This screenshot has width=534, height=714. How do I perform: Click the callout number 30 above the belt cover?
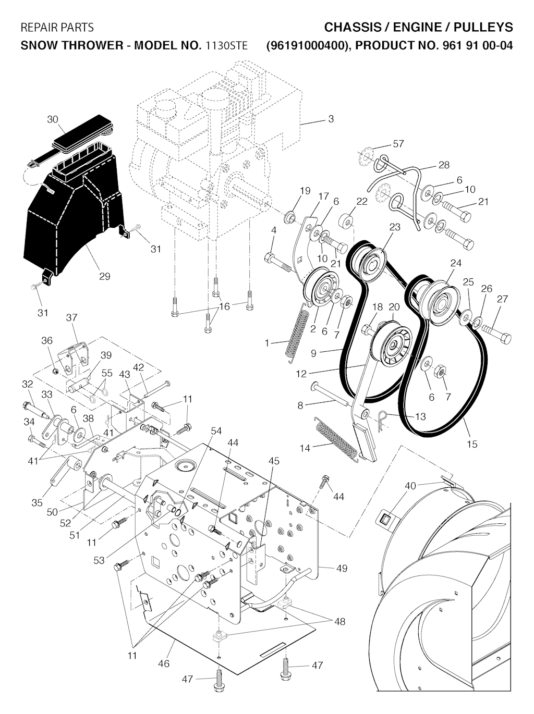tap(52, 119)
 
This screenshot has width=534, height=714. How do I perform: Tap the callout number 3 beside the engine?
tap(331, 119)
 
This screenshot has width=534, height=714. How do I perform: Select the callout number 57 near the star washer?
tap(398, 143)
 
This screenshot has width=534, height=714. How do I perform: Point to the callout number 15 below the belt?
tap(472, 444)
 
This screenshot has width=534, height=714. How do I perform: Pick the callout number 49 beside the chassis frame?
tap(342, 568)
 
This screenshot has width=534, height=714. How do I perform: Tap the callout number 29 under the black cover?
tap(104, 276)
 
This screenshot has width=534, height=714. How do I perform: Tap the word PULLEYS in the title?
tap(483, 27)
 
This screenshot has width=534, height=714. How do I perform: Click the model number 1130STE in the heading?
tap(226, 45)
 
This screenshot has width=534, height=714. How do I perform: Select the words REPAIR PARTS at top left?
tap(57, 27)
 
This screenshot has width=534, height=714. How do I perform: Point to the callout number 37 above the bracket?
tap(71, 317)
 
